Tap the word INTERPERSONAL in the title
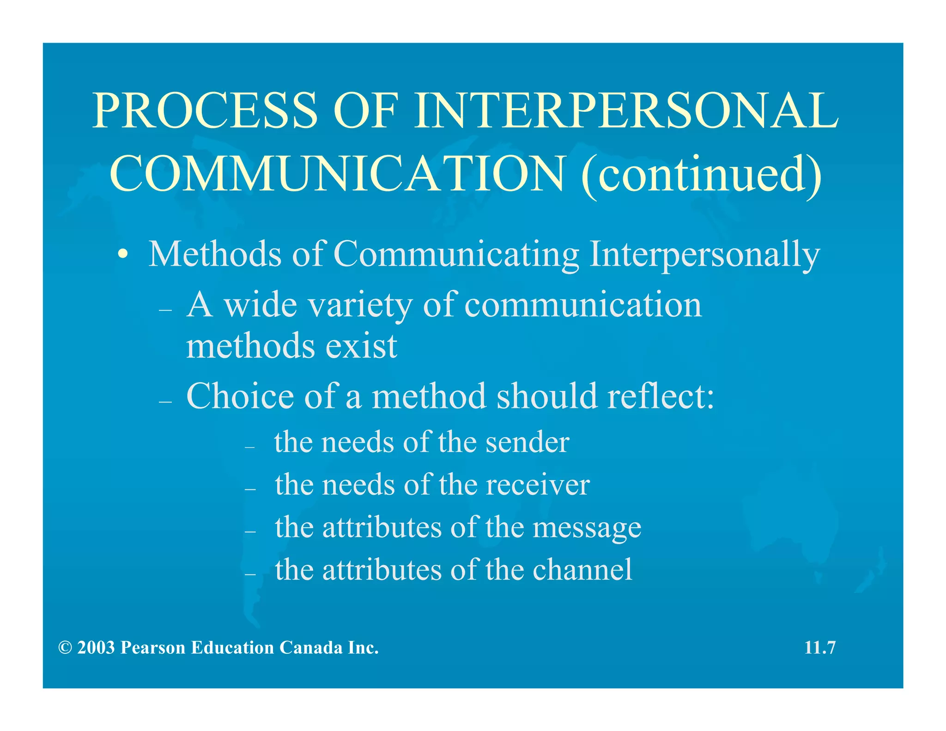click(x=625, y=110)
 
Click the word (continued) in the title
click(x=702, y=174)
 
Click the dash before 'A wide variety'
click(x=165, y=310)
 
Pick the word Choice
click(x=240, y=396)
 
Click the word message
click(x=587, y=527)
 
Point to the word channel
click(x=582, y=569)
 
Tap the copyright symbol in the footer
click(x=65, y=648)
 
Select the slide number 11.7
click(x=820, y=648)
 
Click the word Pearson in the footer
click(x=153, y=648)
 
